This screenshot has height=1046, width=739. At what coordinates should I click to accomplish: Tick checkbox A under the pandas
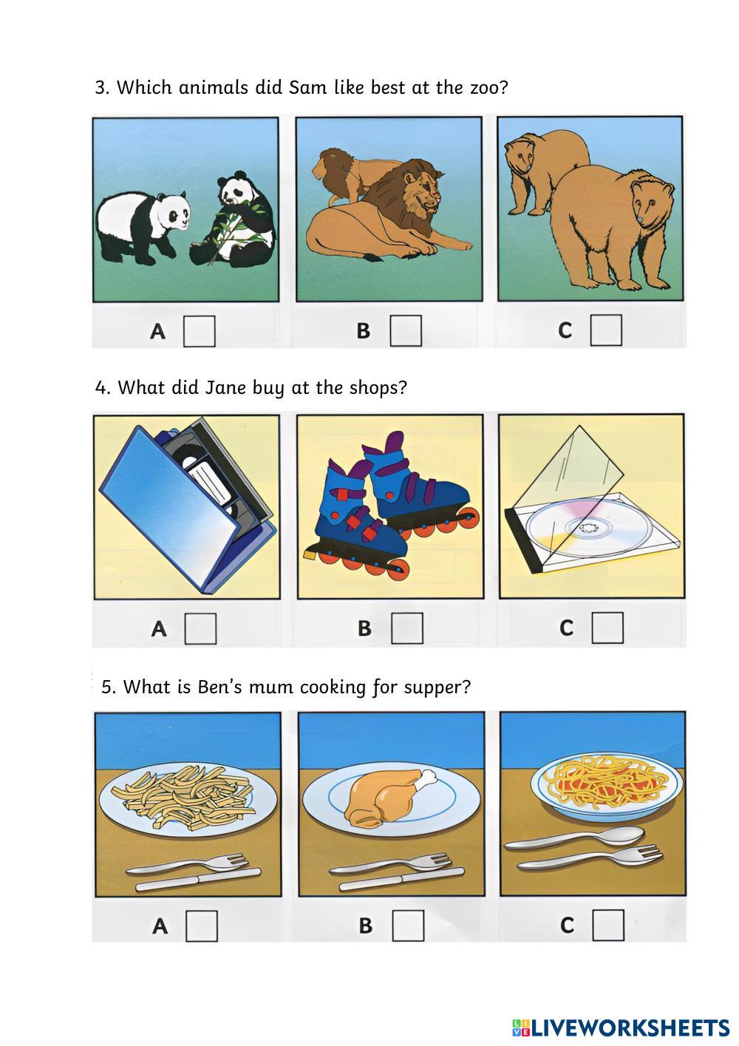200,331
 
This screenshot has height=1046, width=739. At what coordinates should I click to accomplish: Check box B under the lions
406,330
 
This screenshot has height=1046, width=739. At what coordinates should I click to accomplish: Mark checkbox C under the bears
606,330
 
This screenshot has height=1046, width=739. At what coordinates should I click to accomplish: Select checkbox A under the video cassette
201,628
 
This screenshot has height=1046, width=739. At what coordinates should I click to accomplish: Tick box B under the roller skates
407,628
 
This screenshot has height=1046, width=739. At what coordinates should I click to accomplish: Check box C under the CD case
607,628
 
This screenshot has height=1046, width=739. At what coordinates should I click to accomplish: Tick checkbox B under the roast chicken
409,925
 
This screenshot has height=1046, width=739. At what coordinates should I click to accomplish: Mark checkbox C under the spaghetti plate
608,925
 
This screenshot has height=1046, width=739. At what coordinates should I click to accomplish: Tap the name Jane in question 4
225,387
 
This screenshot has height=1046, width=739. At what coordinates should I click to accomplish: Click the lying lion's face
425,191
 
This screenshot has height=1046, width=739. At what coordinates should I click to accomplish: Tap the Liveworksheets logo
621,1028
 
